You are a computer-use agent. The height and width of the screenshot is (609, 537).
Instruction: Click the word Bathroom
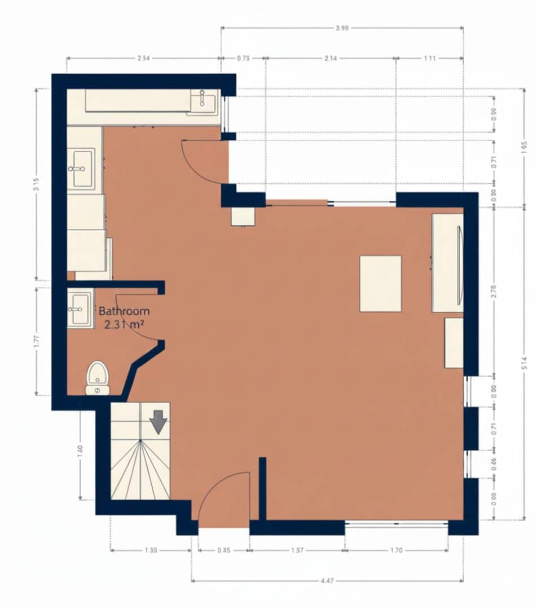point(124,311)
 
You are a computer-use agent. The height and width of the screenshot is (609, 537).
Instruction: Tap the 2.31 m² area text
point(124,324)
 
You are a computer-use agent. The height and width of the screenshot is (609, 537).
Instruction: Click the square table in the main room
point(381,284)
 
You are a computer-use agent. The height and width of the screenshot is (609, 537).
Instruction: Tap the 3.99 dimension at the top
point(341,28)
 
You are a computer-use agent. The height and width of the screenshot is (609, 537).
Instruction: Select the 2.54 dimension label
point(143,58)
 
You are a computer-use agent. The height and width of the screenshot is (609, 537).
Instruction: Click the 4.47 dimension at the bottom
point(327,580)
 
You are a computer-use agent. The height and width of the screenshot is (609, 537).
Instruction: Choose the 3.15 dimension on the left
point(37,184)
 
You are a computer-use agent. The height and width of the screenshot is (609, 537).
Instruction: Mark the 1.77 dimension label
point(37,342)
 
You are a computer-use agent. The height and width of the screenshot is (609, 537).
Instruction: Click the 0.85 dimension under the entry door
point(223,550)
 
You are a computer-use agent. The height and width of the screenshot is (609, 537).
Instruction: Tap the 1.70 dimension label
point(396,550)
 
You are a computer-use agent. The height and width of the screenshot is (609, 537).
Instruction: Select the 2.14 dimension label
point(330,58)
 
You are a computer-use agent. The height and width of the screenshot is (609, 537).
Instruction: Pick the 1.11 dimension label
point(429,58)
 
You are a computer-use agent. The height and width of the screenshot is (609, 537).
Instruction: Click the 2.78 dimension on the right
point(494,292)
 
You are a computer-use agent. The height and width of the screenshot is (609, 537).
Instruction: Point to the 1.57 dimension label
point(297,550)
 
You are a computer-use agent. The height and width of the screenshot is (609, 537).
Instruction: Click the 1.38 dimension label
point(151,550)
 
